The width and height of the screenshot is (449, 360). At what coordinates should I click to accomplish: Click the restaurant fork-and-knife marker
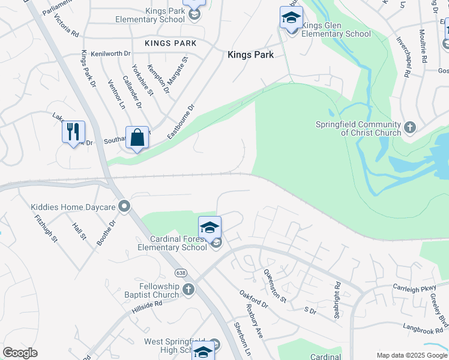(x=73, y=132)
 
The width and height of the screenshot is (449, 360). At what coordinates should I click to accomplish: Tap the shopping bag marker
(x=137, y=138)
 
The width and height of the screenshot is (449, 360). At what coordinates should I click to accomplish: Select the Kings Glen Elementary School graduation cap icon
(x=291, y=18)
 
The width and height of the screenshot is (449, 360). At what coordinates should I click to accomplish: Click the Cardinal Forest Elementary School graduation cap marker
(x=209, y=228)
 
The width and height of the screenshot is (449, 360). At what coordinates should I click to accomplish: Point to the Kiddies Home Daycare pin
(x=125, y=207)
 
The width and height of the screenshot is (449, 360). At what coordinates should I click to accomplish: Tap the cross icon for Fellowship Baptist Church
(x=188, y=290)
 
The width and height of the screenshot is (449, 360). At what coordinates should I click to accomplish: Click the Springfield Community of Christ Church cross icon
(x=410, y=127)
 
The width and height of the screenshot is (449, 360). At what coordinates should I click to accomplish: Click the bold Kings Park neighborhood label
(x=250, y=55)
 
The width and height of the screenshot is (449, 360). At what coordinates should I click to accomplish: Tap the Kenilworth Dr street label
(x=110, y=53)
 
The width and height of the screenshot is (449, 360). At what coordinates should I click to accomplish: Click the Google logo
(x=20, y=353)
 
